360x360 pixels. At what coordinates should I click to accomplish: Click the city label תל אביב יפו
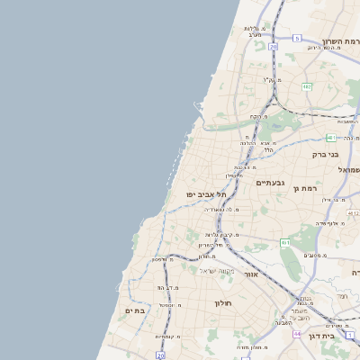(x=206, y=193)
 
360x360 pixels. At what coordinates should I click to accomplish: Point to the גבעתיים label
(x=270, y=184)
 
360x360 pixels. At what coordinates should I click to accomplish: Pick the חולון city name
(x=223, y=303)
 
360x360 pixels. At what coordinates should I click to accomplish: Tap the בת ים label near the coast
(x=135, y=310)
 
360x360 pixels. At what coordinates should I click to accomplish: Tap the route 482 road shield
(x=307, y=87)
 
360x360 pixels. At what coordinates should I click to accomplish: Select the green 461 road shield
(x=284, y=243)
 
